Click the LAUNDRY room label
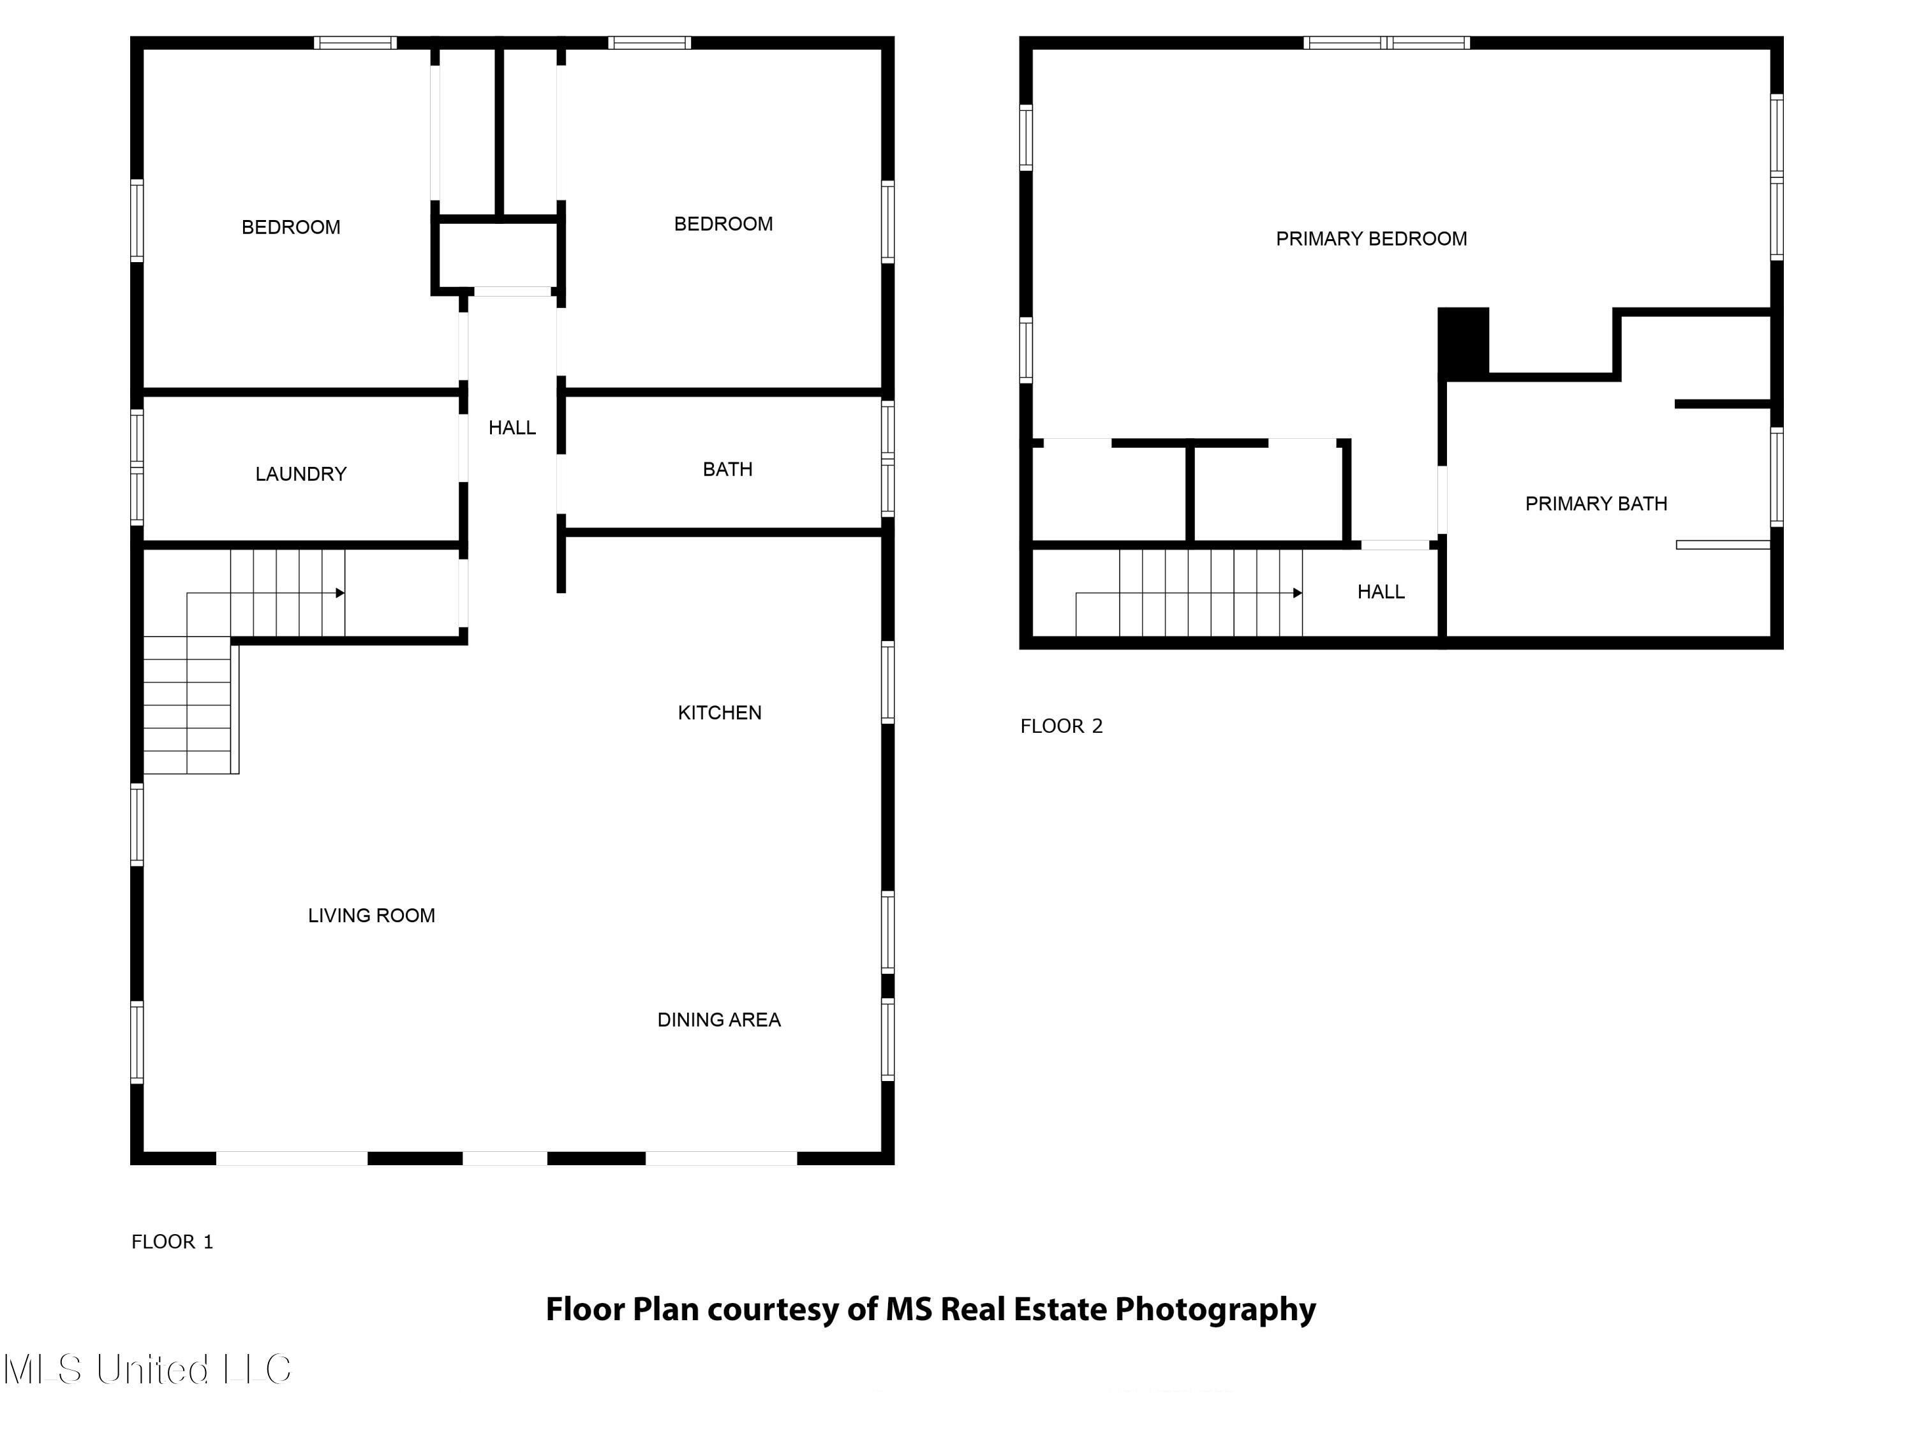coord(300,474)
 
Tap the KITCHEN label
coord(719,713)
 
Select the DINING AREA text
coord(718,1020)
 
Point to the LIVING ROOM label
coord(371,915)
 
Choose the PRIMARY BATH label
coord(1595,503)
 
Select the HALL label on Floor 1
coord(512,427)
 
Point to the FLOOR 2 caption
coord(1061,726)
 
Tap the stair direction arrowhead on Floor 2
coord(1297,592)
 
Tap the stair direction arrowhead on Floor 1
coord(340,592)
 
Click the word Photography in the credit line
coord(1214,1309)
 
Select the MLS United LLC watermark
coord(147,1369)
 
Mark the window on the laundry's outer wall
coord(137,467)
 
